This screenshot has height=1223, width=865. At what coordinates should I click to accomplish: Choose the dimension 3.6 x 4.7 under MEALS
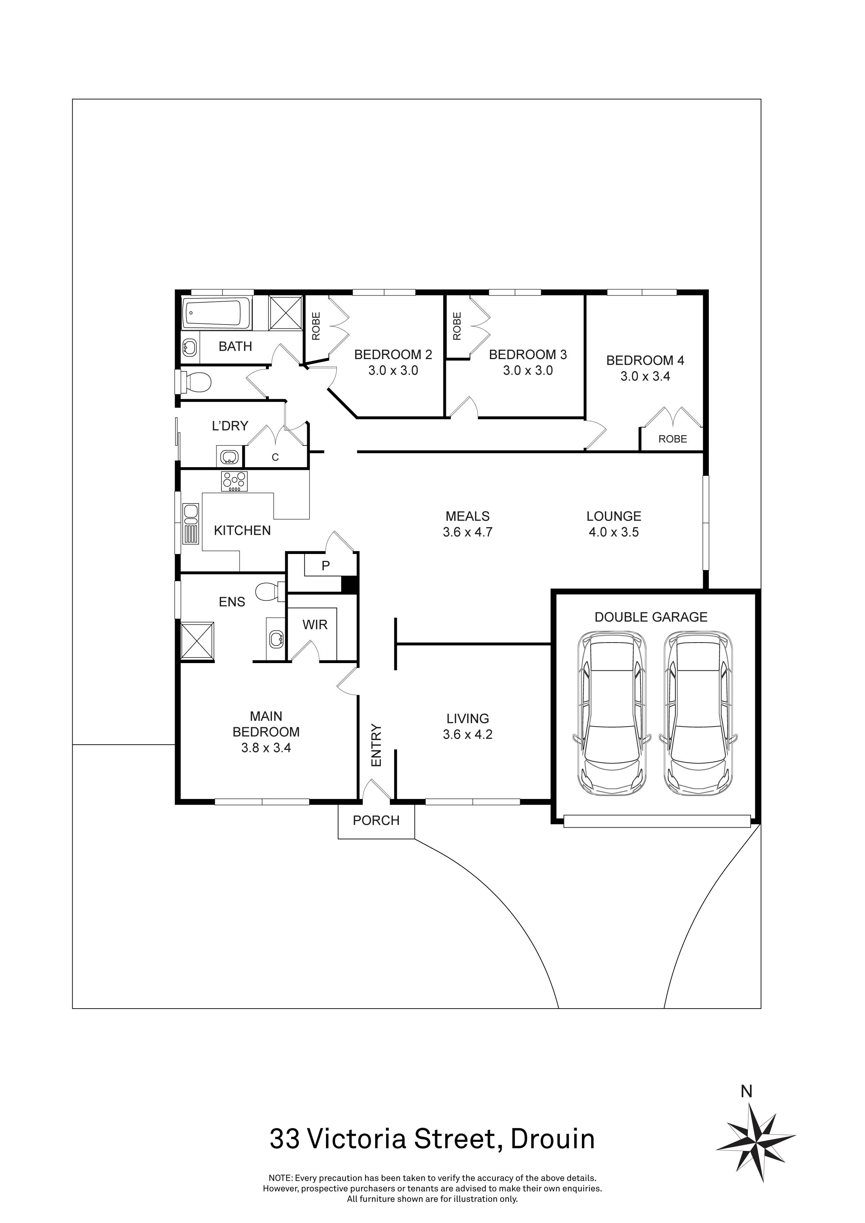coord(467,532)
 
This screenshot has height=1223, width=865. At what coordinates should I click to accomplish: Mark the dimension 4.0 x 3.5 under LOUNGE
coord(614,532)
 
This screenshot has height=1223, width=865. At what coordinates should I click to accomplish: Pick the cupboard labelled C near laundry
coord(275,457)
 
